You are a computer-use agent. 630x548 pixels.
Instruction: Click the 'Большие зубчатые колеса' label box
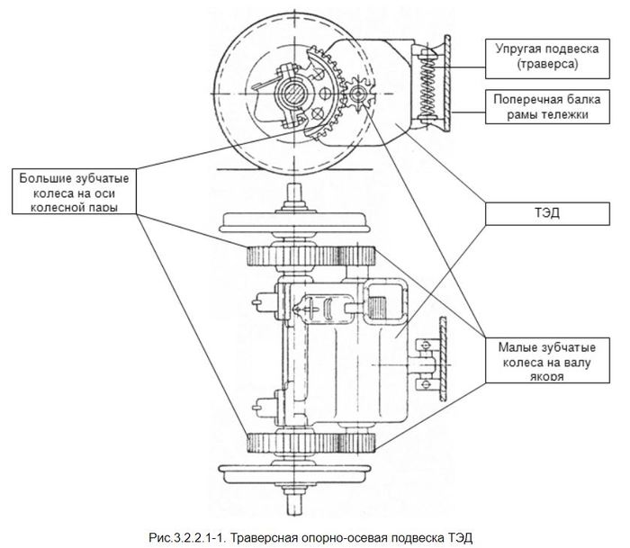tap(76, 188)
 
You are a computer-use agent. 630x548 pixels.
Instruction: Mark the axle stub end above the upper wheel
tap(292, 193)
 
